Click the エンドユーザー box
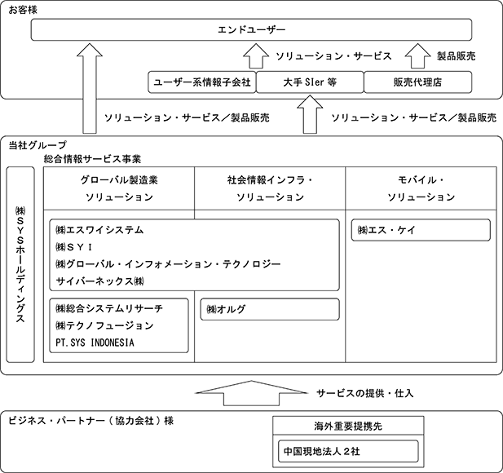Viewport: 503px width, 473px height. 251,29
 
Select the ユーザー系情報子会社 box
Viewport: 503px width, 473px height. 202,82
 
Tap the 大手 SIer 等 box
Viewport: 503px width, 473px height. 310,82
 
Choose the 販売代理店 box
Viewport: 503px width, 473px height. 417,82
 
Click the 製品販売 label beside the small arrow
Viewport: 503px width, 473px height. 456,56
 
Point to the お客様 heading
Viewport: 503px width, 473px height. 23,10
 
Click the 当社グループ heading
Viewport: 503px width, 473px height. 38,145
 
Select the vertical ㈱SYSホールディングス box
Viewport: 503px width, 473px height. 20,264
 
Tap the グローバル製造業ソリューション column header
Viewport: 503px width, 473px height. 119,188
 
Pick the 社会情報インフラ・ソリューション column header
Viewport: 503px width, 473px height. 270,188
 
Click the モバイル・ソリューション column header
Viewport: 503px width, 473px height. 421,188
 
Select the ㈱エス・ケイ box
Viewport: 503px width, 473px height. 421,230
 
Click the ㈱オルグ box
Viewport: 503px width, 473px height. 270,309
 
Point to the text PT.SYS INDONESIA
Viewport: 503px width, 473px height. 95,343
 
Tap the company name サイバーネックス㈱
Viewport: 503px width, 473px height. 99,281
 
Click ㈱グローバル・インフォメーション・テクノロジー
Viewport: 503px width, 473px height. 168,264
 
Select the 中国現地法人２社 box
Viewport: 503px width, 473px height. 348,451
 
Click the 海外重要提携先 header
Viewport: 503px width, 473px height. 348,426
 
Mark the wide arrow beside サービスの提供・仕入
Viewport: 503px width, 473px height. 251,393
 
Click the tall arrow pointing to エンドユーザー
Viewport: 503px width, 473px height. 90,88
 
